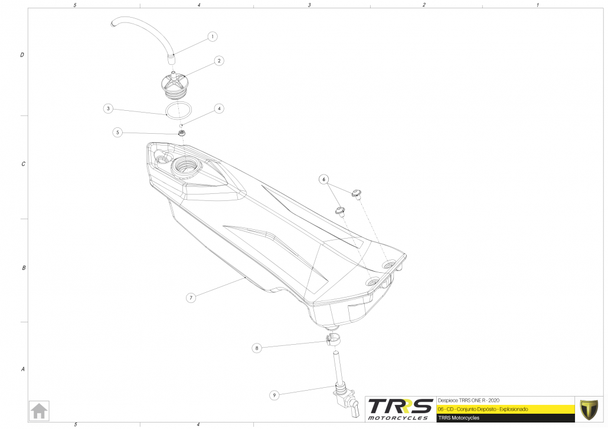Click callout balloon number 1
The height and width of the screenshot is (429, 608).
coord(213,37)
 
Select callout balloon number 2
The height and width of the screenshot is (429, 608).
coord(218,61)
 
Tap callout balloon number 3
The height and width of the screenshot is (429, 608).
coord(108,108)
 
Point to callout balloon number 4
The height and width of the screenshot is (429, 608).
coord(219,108)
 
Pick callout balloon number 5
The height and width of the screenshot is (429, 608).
coord(118,133)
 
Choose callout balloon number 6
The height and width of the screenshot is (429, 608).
coord(323,179)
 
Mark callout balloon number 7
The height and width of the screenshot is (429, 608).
coord(191,298)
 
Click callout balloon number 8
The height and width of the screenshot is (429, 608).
coord(257,348)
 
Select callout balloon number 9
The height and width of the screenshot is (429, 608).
coord(274,395)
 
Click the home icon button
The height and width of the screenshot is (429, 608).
coord(40,411)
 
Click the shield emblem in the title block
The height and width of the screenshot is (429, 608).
coord(589,408)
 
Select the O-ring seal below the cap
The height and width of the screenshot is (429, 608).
coord(178,109)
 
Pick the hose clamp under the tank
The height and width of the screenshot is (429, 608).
coord(333,340)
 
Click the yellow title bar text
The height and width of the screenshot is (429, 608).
coord(483,408)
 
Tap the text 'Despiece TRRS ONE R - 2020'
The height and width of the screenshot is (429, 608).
coord(468,400)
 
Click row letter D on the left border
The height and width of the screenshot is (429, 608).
coord(22,55)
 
